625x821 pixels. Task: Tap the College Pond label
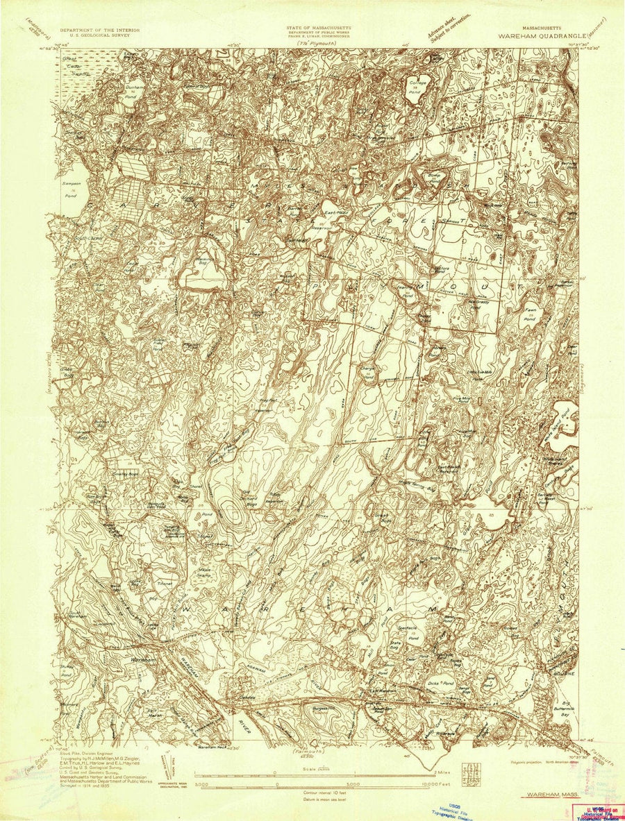click(417, 86)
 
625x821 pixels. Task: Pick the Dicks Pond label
click(442, 681)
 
